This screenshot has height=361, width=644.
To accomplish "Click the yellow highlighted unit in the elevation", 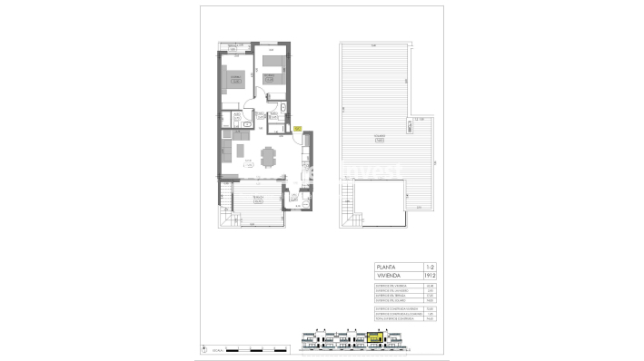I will [x=372, y=341].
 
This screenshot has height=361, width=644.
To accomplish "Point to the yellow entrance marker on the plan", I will [x=296, y=129].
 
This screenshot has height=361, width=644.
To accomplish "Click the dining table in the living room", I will [x=266, y=158].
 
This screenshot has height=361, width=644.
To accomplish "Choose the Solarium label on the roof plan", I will [x=376, y=138].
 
